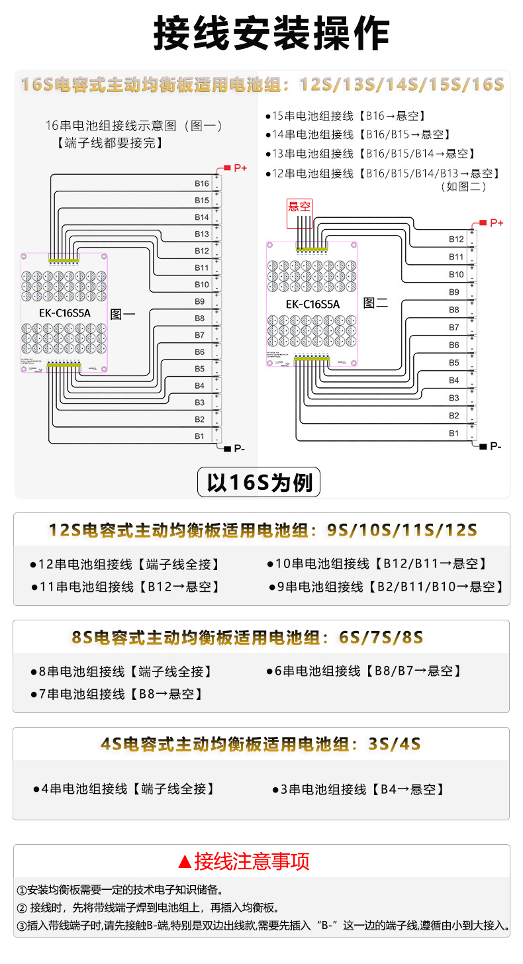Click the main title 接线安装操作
[x=271, y=33]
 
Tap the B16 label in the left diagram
[x=202, y=183]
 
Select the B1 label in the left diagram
[x=200, y=436]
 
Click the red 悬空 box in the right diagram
[x=299, y=206]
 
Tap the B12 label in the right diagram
[x=456, y=239]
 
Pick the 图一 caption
[x=122, y=314]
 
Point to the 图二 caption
[x=375, y=303]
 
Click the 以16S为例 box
[x=259, y=483]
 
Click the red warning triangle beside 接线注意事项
[x=185, y=862]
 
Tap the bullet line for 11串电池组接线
[x=126, y=587]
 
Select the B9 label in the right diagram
[x=454, y=292]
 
